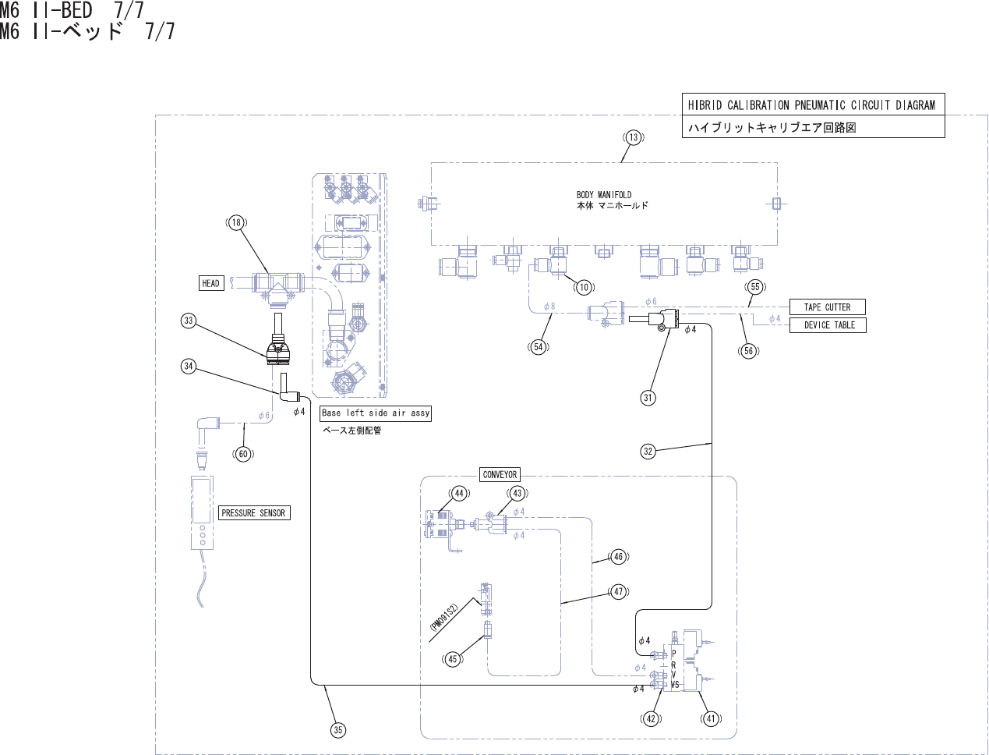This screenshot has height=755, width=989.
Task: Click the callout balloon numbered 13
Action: tap(634, 137)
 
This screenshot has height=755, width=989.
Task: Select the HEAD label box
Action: tap(210, 283)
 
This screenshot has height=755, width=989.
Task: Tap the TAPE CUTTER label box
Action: tap(827, 307)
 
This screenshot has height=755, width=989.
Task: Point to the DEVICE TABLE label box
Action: tap(828, 325)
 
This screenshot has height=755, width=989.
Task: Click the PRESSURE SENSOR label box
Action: tap(253, 512)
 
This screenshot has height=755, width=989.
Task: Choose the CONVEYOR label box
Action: tap(500, 474)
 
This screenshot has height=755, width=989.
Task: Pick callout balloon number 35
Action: tap(338, 730)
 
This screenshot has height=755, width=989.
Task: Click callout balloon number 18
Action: tap(236, 223)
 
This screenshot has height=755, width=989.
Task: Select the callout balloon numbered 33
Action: tap(189, 321)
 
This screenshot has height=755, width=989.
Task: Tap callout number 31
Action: tap(648, 398)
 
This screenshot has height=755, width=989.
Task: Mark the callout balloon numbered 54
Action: tap(539, 347)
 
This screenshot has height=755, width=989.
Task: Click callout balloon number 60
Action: tap(243, 454)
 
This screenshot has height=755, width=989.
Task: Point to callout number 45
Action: tap(453, 659)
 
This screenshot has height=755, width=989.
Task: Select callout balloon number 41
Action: tap(711, 719)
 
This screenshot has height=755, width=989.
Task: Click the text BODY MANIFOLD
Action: tap(604, 195)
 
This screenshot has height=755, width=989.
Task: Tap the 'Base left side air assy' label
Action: tap(376, 413)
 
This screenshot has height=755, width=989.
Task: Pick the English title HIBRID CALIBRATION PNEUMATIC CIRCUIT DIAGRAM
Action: tap(811, 105)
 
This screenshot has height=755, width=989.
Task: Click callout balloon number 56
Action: tap(748, 351)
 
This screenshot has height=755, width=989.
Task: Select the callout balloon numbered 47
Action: tap(619, 592)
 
